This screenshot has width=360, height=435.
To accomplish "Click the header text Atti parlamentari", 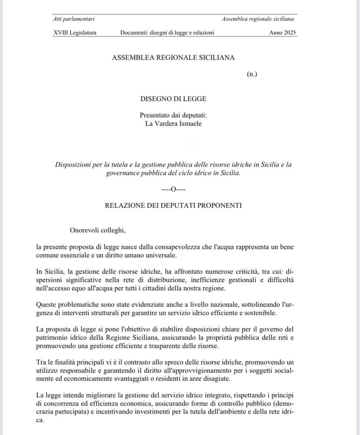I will [74, 19].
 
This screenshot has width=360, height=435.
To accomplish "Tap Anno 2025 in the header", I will [282, 33].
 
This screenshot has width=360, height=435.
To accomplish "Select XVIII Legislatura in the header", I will [75, 33].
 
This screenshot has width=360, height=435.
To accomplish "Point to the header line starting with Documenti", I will [167, 33].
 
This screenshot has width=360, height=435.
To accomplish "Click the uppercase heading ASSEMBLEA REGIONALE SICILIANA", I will [173, 58].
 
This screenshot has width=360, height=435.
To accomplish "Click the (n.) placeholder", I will [252, 74].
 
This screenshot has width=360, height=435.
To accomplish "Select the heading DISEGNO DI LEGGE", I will [173, 99].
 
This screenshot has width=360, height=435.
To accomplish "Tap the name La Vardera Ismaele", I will [173, 124].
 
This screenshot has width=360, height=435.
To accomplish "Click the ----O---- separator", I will [173, 189].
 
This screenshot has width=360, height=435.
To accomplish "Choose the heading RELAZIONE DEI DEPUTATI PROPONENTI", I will [173, 205].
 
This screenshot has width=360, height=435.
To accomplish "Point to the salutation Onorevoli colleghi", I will [97, 230].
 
